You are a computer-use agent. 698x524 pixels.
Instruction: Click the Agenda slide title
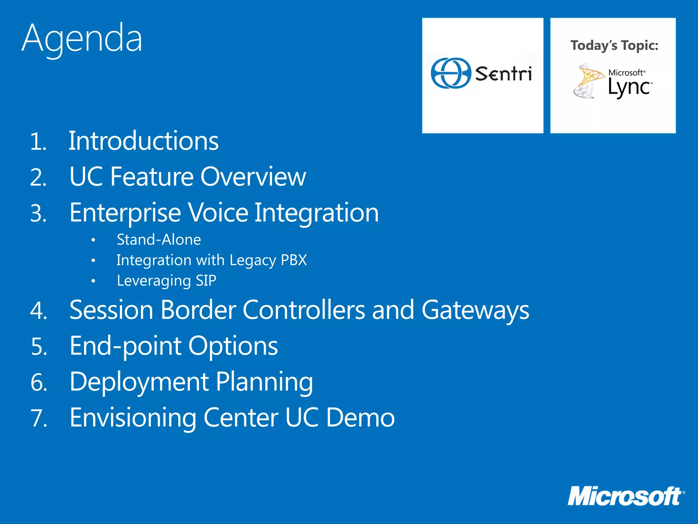coord(82,38)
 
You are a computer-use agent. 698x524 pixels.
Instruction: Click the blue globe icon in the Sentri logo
coord(451,73)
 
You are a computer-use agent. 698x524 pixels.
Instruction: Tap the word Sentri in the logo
coord(503,74)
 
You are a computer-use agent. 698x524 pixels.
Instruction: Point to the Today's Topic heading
coord(614,45)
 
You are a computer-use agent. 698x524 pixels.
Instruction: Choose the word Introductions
coord(143,141)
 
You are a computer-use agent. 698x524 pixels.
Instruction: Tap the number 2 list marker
coord(38,178)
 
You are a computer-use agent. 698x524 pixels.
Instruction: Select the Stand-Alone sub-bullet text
coord(159,239)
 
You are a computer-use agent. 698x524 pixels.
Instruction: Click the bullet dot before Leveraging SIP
coord(93,281)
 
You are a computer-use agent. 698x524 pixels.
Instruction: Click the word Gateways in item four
coord(475,310)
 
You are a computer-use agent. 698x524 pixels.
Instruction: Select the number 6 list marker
coord(39,382)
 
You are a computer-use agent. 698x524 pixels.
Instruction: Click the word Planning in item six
coord(264,382)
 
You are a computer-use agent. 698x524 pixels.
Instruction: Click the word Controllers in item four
coord(304,310)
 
